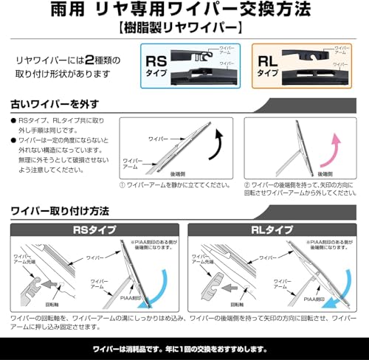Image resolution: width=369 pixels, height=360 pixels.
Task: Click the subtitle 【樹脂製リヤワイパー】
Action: [x=184, y=30]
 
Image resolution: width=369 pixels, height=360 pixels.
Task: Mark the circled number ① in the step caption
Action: [x=123, y=187]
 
